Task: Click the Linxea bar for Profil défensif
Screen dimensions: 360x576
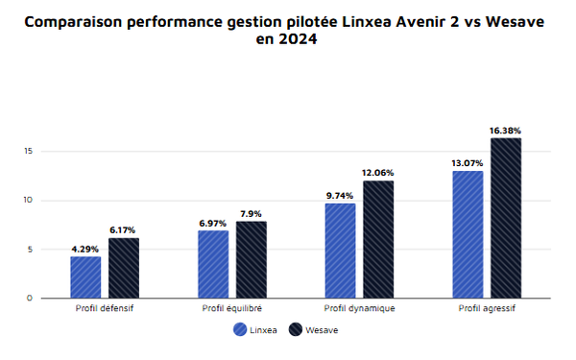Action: click(x=85, y=277)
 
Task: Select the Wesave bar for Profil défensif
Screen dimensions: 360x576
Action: click(x=123, y=268)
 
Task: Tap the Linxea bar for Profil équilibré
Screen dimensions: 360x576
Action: click(x=213, y=264)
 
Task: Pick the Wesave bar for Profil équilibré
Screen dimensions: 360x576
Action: click(x=252, y=259)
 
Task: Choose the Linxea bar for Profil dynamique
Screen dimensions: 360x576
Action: click(x=341, y=251)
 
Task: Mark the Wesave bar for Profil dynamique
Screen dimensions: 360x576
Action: click(x=378, y=239)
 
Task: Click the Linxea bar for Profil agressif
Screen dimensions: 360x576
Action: click(x=468, y=234)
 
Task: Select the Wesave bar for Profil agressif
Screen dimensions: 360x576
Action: click(x=506, y=218)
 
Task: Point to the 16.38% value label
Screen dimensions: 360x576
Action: click(x=506, y=131)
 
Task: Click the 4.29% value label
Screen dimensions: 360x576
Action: click(x=85, y=250)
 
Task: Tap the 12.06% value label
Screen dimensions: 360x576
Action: click(x=378, y=173)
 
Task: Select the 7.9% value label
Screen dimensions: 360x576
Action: click(x=252, y=214)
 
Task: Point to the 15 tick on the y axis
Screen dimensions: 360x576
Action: click(x=30, y=152)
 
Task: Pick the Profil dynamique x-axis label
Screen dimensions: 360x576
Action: click(x=359, y=308)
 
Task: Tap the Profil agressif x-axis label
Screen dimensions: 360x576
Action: click(x=487, y=308)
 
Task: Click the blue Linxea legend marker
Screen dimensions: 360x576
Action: click(x=240, y=330)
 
